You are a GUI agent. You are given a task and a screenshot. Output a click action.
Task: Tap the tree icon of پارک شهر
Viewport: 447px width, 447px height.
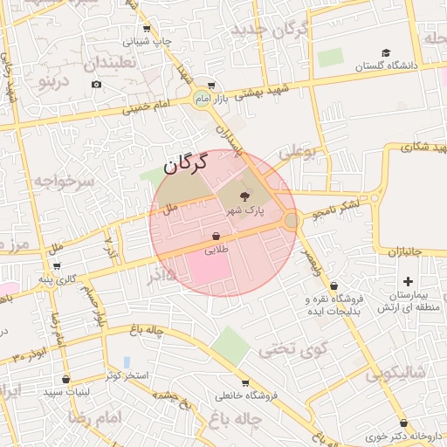pos(243,198)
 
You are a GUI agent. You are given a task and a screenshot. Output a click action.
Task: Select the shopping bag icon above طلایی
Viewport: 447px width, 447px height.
pos(216,236)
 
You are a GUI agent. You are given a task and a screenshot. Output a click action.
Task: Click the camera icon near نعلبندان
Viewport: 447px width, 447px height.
pos(96,85)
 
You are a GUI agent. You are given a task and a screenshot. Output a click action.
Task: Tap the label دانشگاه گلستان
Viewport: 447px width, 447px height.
pos(393,66)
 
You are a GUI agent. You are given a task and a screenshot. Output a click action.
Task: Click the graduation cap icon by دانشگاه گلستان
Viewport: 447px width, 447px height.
pos(361,66)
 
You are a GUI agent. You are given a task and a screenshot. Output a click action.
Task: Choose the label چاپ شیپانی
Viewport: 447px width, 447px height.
pos(146,40)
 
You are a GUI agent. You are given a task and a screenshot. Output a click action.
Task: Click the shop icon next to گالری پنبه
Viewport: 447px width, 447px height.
pos(58,266)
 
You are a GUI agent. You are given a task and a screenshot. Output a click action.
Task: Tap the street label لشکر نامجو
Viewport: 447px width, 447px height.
pos(331,202)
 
